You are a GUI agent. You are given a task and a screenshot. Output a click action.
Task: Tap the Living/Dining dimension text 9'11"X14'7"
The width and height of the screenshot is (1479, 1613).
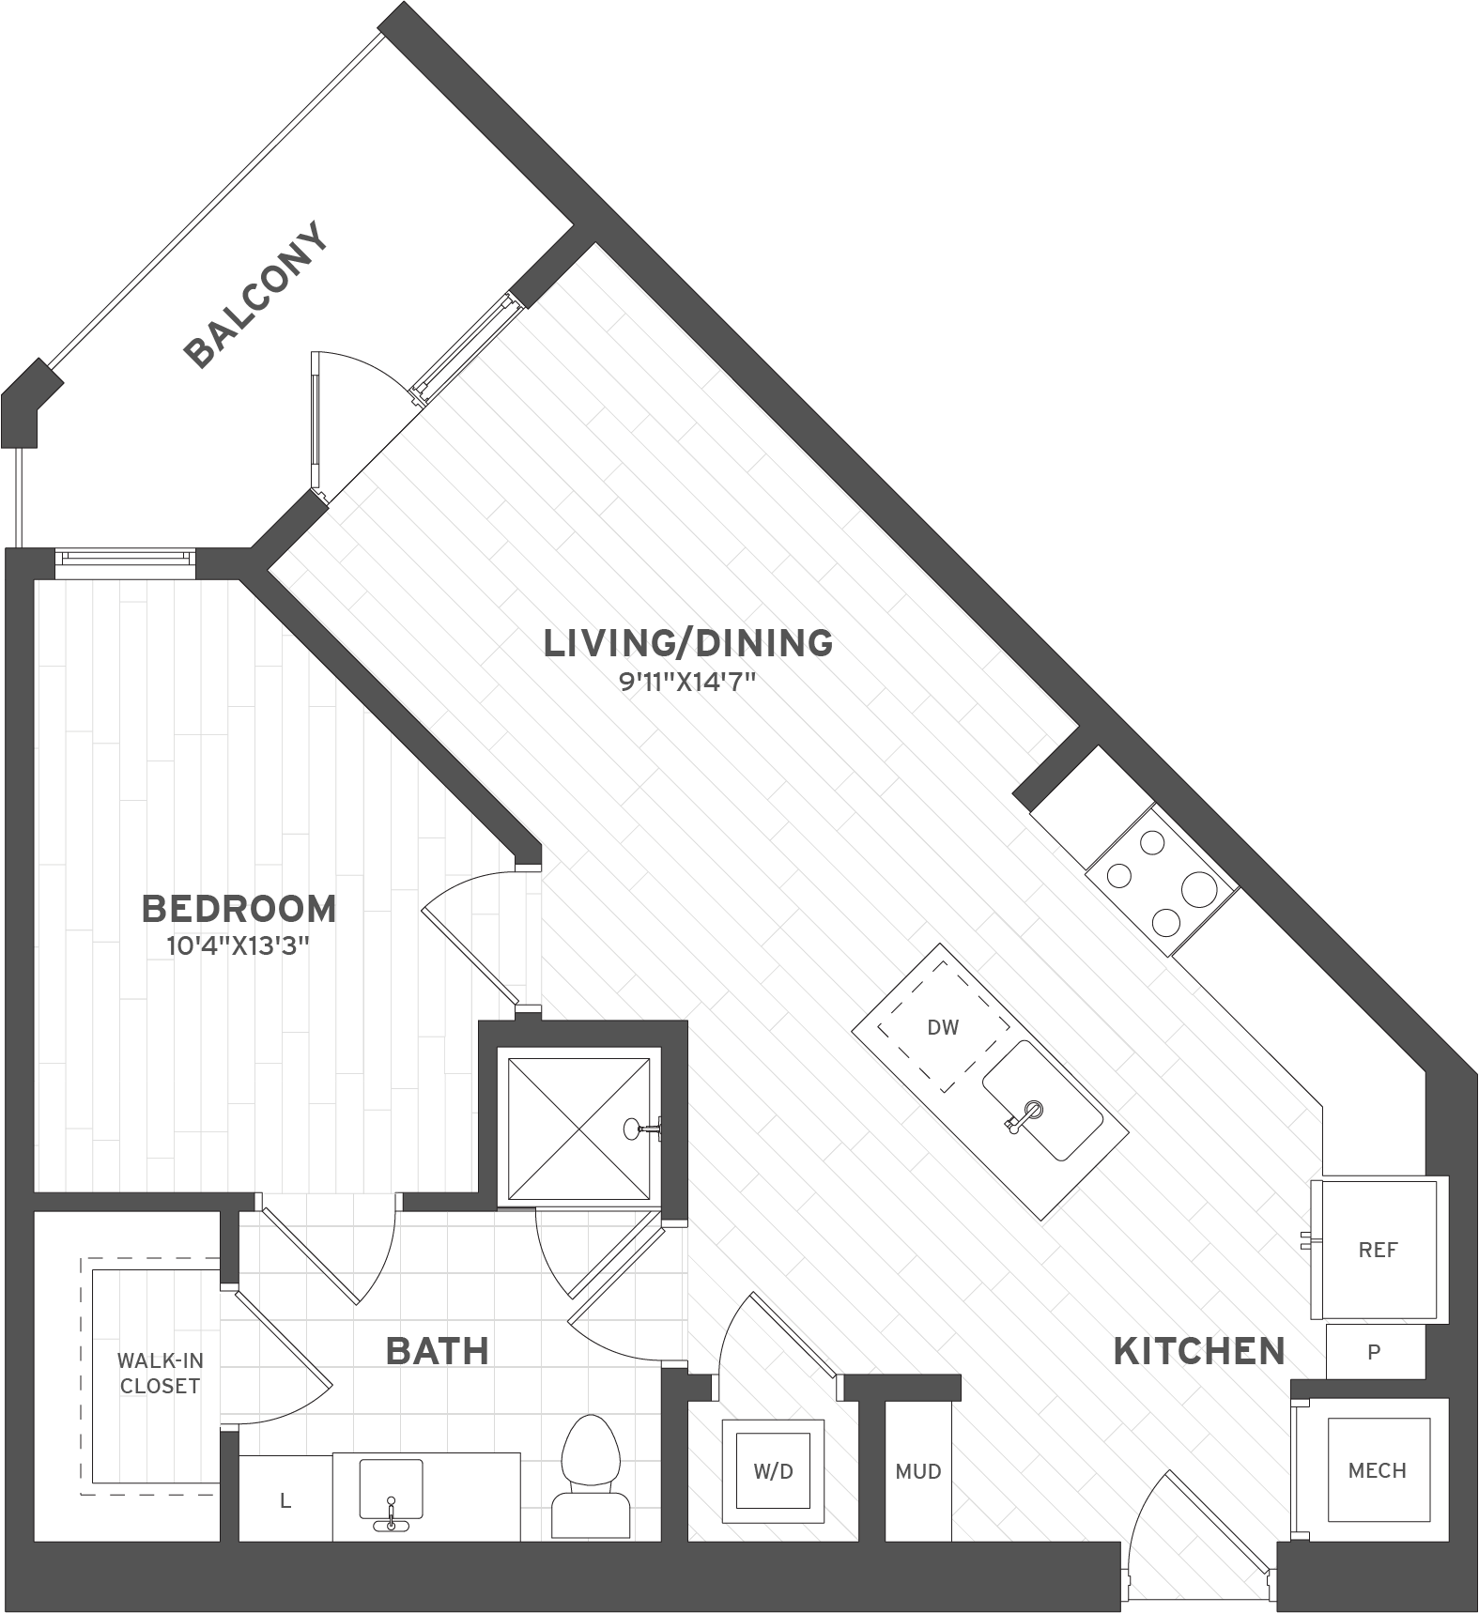click(687, 682)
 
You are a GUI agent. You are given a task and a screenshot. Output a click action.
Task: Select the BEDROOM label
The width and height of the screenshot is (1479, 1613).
click(239, 909)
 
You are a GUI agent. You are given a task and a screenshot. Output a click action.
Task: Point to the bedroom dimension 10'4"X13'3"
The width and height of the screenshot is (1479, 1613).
click(239, 945)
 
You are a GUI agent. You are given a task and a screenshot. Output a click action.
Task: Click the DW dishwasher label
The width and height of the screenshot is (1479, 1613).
click(942, 1027)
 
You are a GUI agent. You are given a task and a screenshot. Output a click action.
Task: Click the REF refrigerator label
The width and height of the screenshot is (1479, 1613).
click(1378, 1250)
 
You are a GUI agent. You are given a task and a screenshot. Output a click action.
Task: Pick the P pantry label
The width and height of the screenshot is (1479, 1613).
click(1374, 1352)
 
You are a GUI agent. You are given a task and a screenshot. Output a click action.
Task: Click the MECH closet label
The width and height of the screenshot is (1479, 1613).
click(1377, 1471)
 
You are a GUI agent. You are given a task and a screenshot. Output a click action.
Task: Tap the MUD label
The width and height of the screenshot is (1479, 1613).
click(917, 1472)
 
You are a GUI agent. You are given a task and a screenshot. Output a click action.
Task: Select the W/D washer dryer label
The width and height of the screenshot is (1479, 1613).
click(773, 1471)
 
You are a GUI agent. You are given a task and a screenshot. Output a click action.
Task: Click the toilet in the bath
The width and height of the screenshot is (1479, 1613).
click(590, 1474)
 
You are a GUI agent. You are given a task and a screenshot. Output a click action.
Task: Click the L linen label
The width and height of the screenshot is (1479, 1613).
click(285, 1501)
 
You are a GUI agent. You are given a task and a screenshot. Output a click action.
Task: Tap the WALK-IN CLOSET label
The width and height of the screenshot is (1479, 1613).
click(160, 1373)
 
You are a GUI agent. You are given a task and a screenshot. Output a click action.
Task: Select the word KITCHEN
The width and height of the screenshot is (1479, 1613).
click(1199, 1351)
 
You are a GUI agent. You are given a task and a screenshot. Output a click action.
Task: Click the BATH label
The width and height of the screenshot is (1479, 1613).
click(438, 1351)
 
